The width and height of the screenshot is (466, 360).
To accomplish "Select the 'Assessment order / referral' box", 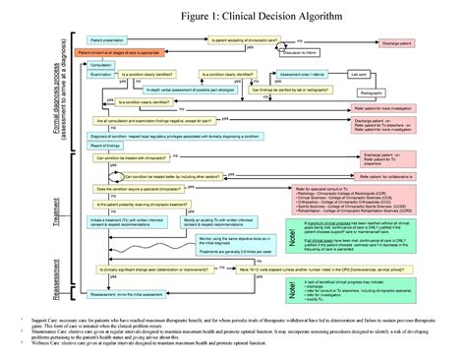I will point(301,74).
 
